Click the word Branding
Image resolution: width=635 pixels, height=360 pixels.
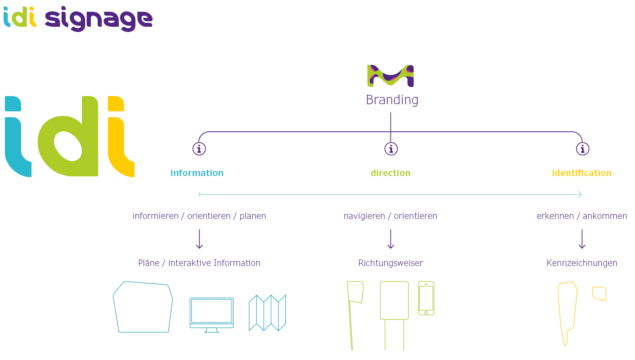click(392, 100)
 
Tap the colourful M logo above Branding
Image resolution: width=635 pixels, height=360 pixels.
click(390, 75)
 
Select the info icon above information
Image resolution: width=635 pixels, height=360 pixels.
click(199, 149)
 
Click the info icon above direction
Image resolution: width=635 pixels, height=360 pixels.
click(391, 149)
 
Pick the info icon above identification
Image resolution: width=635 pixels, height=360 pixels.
click(582, 149)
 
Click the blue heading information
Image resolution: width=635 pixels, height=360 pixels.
click(197, 173)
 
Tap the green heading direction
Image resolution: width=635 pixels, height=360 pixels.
click(390, 173)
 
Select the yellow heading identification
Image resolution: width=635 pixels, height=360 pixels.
click(581, 173)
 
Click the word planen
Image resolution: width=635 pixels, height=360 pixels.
click(253, 216)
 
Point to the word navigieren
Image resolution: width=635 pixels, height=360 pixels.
click(364, 216)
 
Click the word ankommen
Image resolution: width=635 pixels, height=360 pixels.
click(605, 216)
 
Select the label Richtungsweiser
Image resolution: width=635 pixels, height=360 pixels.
click(390, 263)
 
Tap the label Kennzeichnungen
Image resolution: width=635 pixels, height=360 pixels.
click(581, 263)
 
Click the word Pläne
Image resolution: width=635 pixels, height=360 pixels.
click(148, 263)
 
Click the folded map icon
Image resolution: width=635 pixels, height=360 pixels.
click(267, 313)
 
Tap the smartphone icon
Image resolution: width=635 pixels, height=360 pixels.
click(426, 298)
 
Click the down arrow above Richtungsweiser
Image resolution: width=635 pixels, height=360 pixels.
click(390, 239)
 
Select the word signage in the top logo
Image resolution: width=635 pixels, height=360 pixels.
click(99, 19)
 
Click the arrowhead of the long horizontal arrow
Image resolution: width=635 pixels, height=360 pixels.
click(580, 195)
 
